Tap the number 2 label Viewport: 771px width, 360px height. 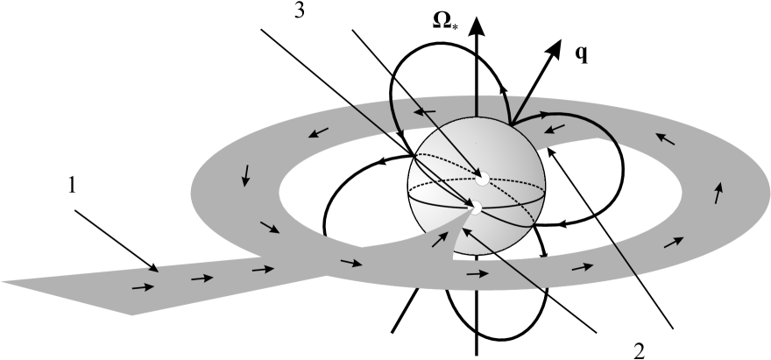coord(638,349)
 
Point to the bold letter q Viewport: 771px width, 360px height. coord(581,53)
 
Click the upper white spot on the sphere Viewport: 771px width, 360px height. coord(479,179)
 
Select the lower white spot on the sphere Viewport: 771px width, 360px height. coord(474,208)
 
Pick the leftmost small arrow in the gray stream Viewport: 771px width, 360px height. coord(139,286)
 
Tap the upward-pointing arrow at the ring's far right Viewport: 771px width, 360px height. coord(720,191)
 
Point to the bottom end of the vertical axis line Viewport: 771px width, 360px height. coord(476,355)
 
